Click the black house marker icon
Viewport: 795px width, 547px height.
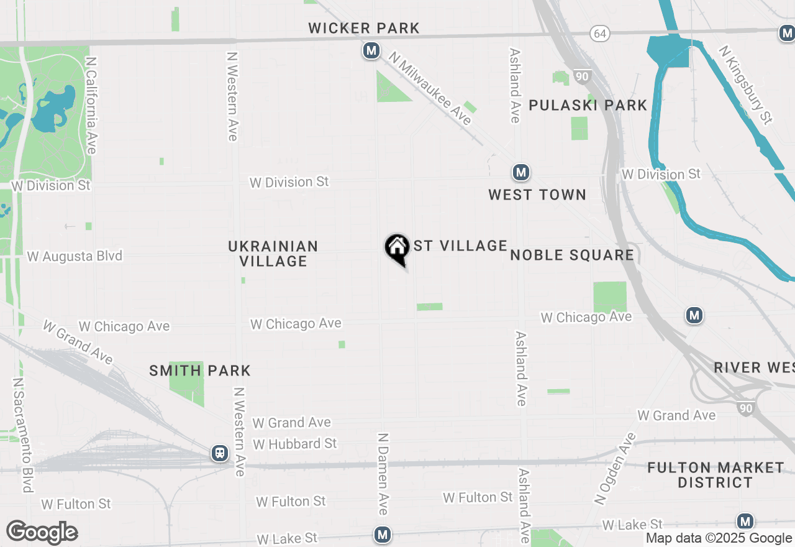click(x=396, y=249)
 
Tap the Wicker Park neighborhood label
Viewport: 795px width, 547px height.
click(x=364, y=28)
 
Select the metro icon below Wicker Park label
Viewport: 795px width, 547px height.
click(x=371, y=50)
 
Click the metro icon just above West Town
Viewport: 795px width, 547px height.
click(x=520, y=172)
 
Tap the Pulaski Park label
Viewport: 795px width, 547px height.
click(x=588, y=105)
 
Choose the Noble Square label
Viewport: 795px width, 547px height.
click(x=572, y=255)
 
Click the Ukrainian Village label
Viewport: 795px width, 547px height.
click(x=273, y=254)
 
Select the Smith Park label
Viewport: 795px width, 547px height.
click(x=200, y=371)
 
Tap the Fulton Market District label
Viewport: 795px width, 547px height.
click(x=715, y=474)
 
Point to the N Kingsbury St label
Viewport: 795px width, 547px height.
click(x=745, y=85)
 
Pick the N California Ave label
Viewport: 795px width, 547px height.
click(x=91, y=106)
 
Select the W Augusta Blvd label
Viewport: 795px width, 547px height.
click(x=75, y=256)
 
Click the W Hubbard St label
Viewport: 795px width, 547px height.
click(x=295, y=444)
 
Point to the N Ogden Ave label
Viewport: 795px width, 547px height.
click(x=616, y=468)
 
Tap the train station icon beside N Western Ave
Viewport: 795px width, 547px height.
click(x=219, y=453)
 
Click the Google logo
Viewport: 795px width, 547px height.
click(x=42, y=533)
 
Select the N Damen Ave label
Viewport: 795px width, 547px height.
click(x=383, y=474)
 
